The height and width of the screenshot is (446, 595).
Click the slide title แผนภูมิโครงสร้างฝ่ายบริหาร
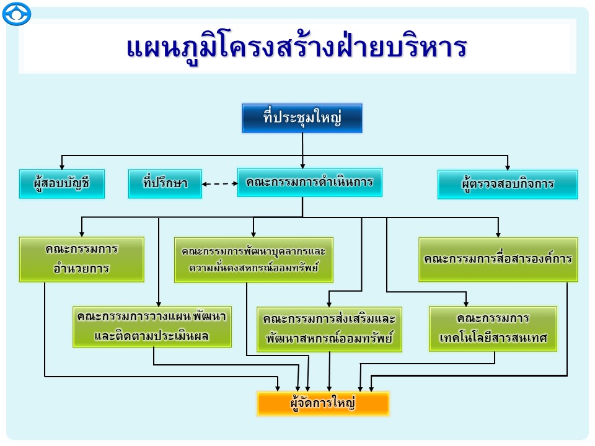pyautogui.click(x=296, y=48)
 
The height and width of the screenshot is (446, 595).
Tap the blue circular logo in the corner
pyautogui.click(x=16, y=14)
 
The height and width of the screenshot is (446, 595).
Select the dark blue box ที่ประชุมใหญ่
pyautogui.click(x=302, y=118)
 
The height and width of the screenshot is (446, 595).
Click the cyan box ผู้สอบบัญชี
pyautogui.click(x=62, y=183)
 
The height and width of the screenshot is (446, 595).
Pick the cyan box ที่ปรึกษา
pyautogui.click(x=165, y=183)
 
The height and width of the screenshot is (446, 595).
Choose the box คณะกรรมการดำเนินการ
pyautogui.click(x=309, y=183)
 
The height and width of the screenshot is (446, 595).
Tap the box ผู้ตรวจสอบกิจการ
pyautogui.click(x=507, y=184)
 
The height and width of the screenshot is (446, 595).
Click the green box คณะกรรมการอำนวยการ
pyautogui.click(x=81, y=259)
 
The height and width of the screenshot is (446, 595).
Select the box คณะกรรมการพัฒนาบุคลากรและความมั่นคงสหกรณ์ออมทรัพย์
pyautogui.click(x=253, y=260)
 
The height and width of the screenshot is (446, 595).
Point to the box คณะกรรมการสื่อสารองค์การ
pyautogui.click(x=498, y=259)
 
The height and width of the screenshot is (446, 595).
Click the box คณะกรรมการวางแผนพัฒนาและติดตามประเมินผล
pyautogui.click(x=152, y=326)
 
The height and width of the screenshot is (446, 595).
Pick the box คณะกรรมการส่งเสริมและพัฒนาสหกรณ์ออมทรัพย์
pyautogui.click(x=329, y=329)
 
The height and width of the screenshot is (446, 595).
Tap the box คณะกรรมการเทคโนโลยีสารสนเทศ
pyautogui.click(x=493, y=328)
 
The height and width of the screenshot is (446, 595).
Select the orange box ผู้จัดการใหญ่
pyautogui.click(x=323, y=403)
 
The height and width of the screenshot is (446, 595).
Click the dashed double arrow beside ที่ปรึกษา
pyautogui.click(x=219, y=183)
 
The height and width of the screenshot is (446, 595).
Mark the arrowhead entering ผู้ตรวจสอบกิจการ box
pyautogui.click(x=508, y=167)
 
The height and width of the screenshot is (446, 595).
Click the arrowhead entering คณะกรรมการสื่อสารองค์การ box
pyautogui.click(x=498, y=234)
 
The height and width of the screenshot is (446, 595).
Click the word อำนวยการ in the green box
pyautogui.click(x=81, y=269)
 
